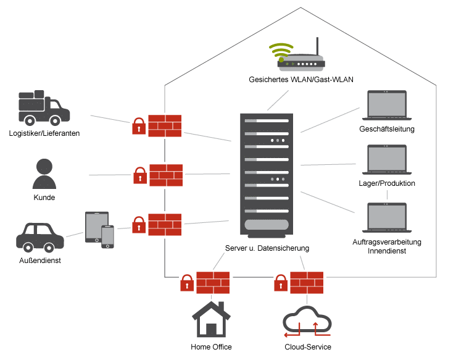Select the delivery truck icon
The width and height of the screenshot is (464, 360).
pyautogui.click(x=44, y=107)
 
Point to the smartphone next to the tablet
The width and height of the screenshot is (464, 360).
pyautogui.click(x=108, y=237)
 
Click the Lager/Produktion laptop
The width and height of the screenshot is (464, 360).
pyautogui.click(x=387, y=161)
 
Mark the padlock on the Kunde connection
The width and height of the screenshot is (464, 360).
pyautogui.click(x=140, y=175)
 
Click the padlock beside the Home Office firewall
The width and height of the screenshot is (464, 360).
pyautogui.click(x=186, y=283)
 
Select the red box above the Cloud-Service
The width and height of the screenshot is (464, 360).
pyautogui.click(x=307, y=283)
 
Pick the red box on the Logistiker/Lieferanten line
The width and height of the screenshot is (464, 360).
pyautogui.click(x=165, y=125)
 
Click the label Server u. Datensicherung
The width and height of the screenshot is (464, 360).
pyautogui.click(x=267, y=248)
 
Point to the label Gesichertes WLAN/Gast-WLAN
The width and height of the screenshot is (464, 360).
pyautogui.click(x=300, y=80)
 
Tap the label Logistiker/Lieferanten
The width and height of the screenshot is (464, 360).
pyautogui.click(x=44, y=133)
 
